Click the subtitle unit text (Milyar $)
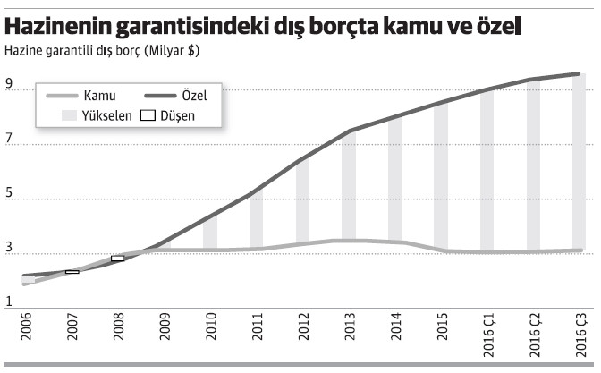[169, 52]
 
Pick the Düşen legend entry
[169, 115]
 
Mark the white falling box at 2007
[72, 271]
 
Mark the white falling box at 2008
[118, 259]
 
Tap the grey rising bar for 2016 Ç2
[533, 165]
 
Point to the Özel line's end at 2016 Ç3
[580, 74]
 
